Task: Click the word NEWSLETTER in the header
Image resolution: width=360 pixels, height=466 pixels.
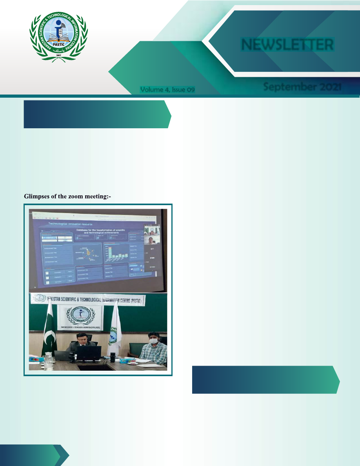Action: coord(287,45)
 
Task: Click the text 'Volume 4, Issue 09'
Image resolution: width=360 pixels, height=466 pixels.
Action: coord(167,90)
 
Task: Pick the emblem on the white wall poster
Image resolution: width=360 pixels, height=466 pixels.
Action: coord(80,318)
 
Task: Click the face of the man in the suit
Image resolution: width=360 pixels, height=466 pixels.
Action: coord(82,337)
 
